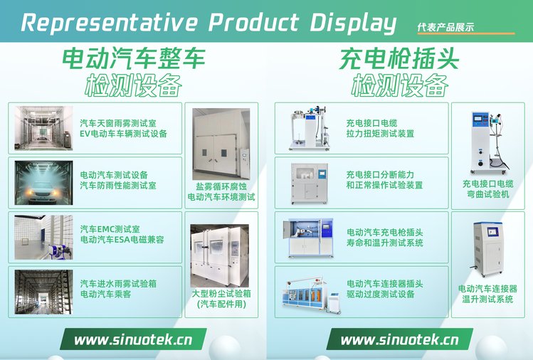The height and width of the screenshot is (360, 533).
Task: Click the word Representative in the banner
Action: pyautogui.click(x=109, y=23)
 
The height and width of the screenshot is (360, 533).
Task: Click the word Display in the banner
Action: pyautogui.click(x=353, y=23)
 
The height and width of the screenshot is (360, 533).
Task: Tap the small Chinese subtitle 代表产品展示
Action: pyautogui.click(x=445, y=27)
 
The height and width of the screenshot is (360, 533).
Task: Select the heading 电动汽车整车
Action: pyautogui.click(x=134, y=58)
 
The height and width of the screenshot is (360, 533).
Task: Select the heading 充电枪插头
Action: pyautogui.click(x=399, y=58)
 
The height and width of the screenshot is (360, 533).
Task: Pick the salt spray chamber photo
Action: pyautogui.click(x=221, y=144)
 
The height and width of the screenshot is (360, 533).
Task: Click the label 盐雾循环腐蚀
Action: pyautogui.click(x=221, y=186)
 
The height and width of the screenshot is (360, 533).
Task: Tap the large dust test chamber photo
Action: pyautogui.click(x=220, y=255)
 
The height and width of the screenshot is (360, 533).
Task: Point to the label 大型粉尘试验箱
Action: pyautogui.click(x=221, y=293)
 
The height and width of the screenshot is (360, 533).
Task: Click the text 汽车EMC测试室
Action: pyautogui.click(x=110, y=229)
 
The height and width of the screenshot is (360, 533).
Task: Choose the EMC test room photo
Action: pyautogui.click(x=43, y=238)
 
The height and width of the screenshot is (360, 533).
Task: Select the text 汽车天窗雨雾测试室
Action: pyautogui.click(x=118, y=123)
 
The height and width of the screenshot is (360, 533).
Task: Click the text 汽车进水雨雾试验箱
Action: pyautogui.click(x=118, y=283)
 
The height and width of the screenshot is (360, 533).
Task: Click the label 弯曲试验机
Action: pyautogui.click(x=488, y=194)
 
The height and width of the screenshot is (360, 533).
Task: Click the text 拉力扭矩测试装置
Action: pyautogui.click(x=380, y=134)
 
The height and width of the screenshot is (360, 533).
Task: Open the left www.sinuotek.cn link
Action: pyautogui.click(x=133, y=339)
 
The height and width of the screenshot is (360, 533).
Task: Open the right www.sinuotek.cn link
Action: pyautogui.click(x=399, y=339)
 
